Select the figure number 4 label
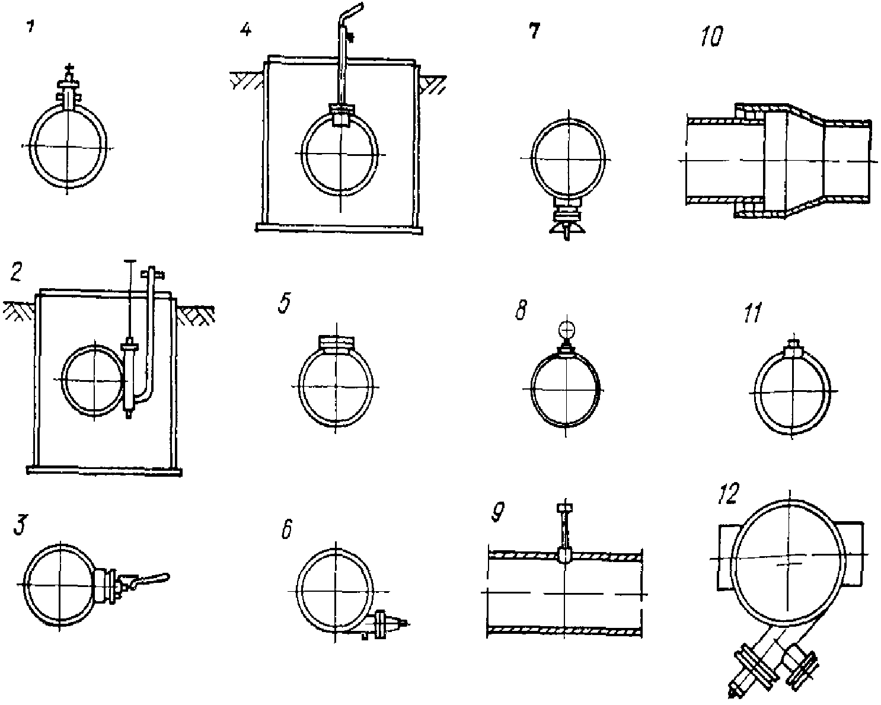pos(245,30)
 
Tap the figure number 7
pos(534,31)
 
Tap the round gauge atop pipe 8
pos(566,328)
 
